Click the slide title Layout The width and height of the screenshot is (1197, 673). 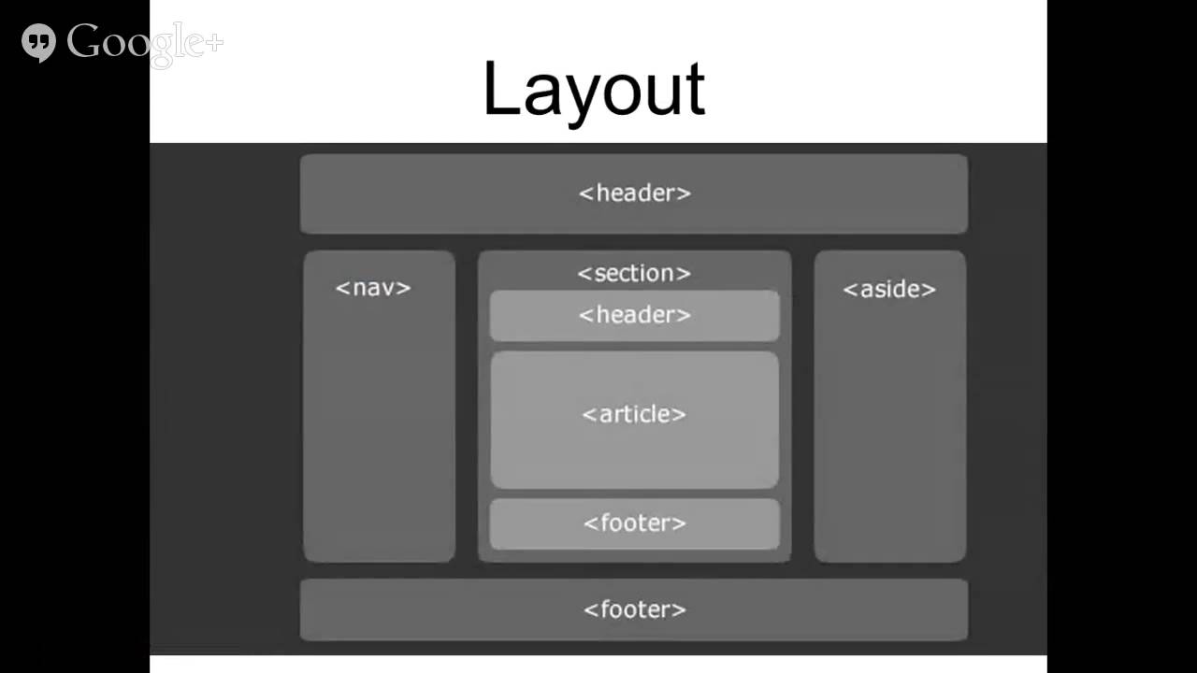(x=594, y=92)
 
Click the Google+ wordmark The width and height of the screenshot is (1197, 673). (x=144, y=45)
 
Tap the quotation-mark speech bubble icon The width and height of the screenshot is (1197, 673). (x=38, y=43)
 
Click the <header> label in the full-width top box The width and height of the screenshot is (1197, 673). (x=635, y=193)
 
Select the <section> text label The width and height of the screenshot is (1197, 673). (x=634, y=274)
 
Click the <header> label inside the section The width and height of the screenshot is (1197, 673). (x=635, y=315)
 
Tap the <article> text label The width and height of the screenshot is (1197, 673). (x=634, y=414)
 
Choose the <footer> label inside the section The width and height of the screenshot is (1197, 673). (x=635, y=523)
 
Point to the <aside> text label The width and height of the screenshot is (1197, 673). (x=889, y=290)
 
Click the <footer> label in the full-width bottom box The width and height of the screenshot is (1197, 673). (x=635, y=609)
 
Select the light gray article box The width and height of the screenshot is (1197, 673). (x=635, y=420)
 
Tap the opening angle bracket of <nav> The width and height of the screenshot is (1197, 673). (x=342, y=289)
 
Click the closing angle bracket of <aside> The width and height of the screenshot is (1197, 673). (x=930, y=290)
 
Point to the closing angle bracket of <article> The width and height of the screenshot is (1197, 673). (x=679, y=415)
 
